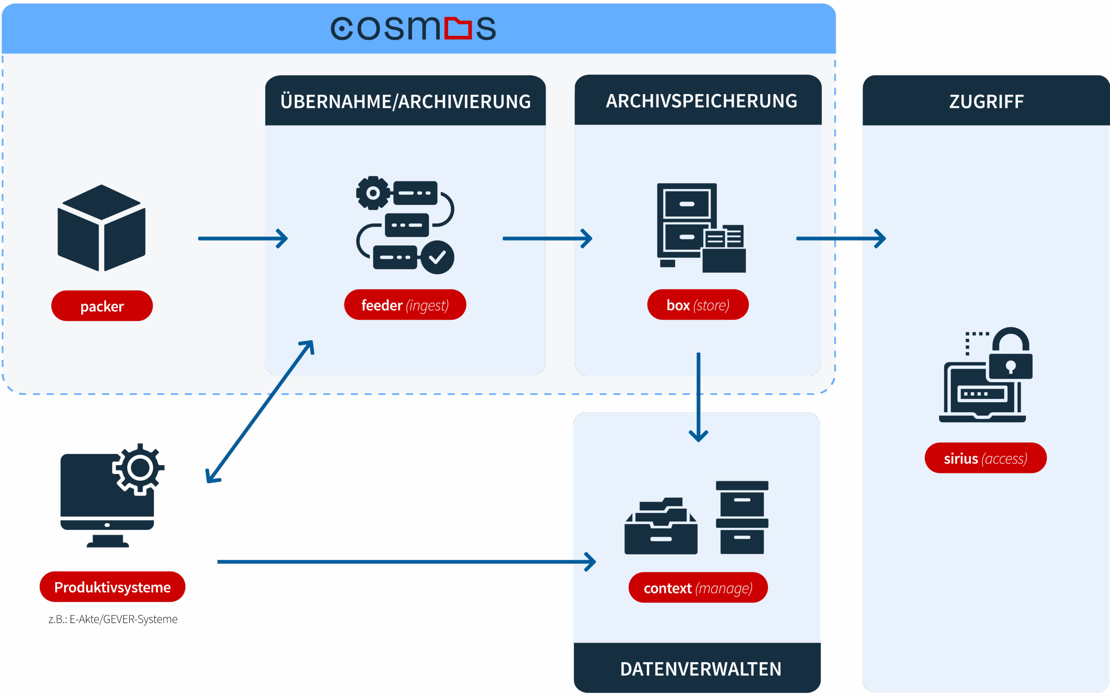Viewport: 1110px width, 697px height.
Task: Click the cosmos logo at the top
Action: [x=413, y=29]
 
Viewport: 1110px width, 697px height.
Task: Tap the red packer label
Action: [x=102, y=306]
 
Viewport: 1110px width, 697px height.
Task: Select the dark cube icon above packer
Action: [x=101, y=228]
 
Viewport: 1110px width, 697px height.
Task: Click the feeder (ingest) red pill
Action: [x=405, y=305]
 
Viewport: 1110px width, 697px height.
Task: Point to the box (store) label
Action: [x=698, y=305]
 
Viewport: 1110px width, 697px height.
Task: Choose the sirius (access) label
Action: [x=985, y=458]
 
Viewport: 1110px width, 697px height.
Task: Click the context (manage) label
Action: [x=698, y=588]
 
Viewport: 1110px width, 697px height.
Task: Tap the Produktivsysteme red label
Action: [x=112, y=587]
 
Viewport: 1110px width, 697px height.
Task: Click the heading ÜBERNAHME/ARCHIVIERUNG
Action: [x=405, y=102]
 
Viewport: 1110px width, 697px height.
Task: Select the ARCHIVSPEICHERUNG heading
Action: [x=701, y=101]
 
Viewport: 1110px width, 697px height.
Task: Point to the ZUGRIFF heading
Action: [x=986, y=102]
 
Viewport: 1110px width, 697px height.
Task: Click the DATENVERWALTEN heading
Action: [x=700, y=669]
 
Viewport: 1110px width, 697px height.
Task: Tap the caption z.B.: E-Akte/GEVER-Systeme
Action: [x=113, y=619]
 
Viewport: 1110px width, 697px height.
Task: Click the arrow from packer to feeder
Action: [x=243, y=238]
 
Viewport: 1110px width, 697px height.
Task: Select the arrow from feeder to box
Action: [x=547, y=238]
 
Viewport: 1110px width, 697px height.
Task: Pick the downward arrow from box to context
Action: [x=698, y=396]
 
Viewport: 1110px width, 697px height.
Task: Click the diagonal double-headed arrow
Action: [x=260, y=412]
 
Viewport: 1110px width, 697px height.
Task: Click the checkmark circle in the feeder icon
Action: [x=437, y=257]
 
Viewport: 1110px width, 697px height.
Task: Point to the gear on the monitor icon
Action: [x=140, y=468]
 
